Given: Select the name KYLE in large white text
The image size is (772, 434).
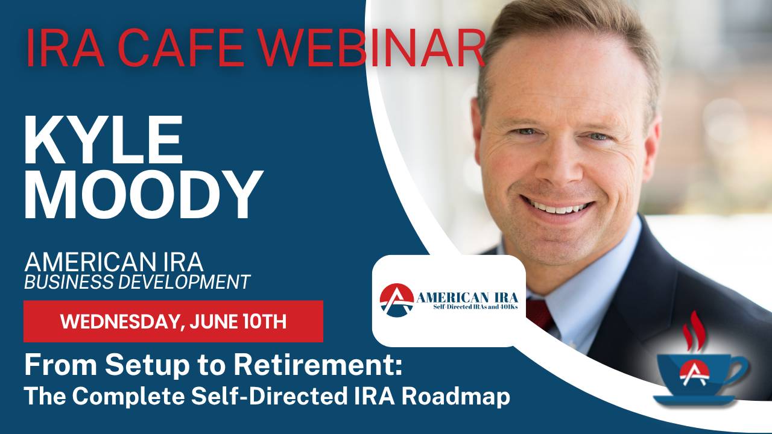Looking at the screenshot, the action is coord(103,140).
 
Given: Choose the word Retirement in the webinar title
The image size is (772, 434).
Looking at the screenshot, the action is coord(317,365).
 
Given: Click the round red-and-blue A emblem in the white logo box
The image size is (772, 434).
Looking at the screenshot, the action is coord(397,300).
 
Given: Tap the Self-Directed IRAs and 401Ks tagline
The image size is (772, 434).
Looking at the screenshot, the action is coord(476,307).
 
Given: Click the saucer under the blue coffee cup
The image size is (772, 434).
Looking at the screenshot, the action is coord(694,400).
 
